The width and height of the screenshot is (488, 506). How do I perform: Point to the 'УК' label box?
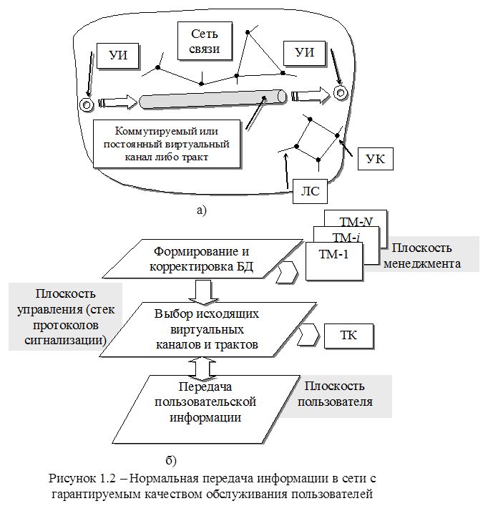374,159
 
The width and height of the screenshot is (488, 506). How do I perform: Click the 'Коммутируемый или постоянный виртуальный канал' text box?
166,144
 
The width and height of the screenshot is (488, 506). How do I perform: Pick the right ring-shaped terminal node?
340,92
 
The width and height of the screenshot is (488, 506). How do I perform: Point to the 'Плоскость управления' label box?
64,316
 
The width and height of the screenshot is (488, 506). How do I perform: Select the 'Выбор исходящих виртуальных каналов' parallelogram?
206,329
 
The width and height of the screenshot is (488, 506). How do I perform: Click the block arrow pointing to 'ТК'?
310,334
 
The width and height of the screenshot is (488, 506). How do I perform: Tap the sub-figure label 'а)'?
200,210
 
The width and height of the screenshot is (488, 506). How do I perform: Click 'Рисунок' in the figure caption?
74,478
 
